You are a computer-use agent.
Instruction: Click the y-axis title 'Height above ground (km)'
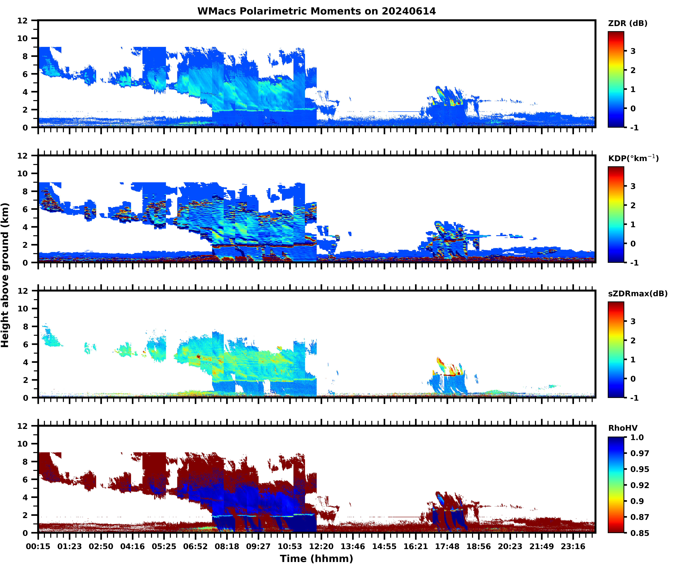5,275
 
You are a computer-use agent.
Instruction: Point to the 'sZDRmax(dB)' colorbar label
637,294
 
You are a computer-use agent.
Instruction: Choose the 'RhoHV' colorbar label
623,428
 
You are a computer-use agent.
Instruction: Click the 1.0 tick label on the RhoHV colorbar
637,437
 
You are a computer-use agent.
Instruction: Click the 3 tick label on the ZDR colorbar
633,51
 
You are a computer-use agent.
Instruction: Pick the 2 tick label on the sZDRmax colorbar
633,341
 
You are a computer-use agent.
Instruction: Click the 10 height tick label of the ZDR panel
23,39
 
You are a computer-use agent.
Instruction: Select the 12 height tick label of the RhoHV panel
23,426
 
